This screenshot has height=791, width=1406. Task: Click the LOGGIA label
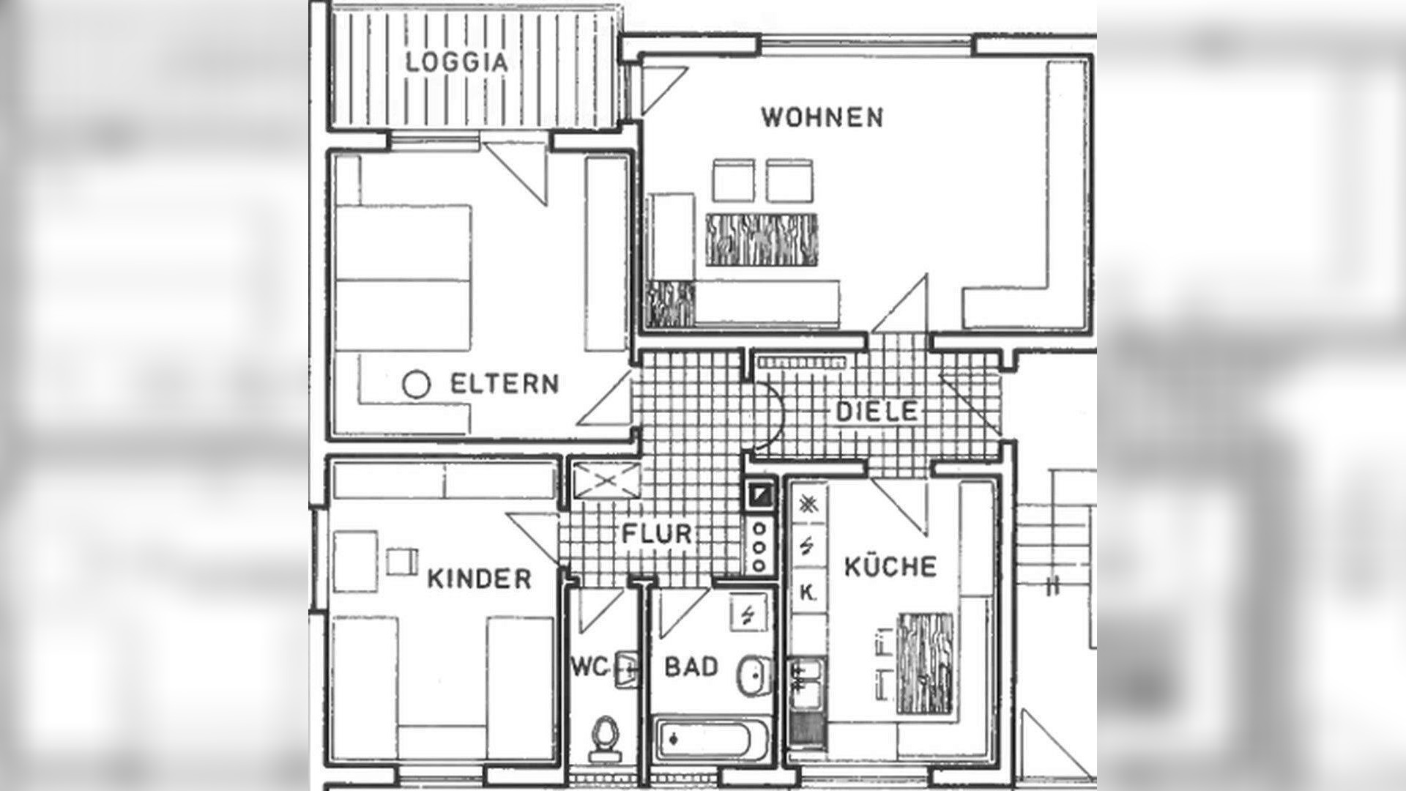(457, 62)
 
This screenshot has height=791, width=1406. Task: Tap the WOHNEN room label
(822, 117)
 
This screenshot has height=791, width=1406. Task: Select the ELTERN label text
(504, 384)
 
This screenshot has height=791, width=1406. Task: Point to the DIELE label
(877, 411)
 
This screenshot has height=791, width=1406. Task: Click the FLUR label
(657, 533)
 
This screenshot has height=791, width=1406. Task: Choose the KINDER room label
(479, 579)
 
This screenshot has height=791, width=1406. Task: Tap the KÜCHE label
(890, 567)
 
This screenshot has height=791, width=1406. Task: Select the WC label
(589, 667)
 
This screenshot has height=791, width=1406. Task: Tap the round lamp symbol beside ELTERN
(416, 385)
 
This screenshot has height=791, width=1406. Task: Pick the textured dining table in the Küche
(926, 664)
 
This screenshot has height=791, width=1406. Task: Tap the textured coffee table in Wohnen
(762, 239)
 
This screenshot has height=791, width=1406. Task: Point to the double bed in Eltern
(403, 278)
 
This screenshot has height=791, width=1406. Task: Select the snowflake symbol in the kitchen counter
(808, 503)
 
